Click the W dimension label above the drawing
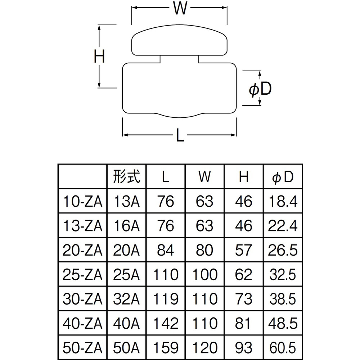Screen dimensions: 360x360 pos(180,8)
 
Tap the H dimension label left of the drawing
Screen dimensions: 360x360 pos(99,56)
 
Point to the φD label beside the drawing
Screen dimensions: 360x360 pos(260,89)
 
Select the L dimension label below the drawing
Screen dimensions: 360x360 pos(180,135)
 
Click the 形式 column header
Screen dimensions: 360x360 pos(126,176)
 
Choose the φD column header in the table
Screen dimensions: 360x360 pos(283,177)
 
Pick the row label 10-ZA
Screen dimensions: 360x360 pos(82,201)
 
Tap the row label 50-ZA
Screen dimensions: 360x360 pos(82,348)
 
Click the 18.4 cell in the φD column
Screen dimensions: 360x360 pos(283,201)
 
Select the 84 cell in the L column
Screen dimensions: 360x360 pos(166,250)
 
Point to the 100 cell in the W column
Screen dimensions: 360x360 pos(204,275)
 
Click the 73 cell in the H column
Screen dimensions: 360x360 pos(244,299)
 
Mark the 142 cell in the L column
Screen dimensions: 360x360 pos(166,323)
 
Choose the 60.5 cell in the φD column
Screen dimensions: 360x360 pos(283,348)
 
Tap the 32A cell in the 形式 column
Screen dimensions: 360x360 pos(126,299)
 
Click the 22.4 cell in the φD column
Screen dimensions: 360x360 pos(283,226)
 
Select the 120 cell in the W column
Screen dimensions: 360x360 pos(204,348)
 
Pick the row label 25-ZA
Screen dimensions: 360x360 pos(82,275)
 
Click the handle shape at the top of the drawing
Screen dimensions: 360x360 pos(179,40)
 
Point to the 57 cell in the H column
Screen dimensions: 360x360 pos(244,250)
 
